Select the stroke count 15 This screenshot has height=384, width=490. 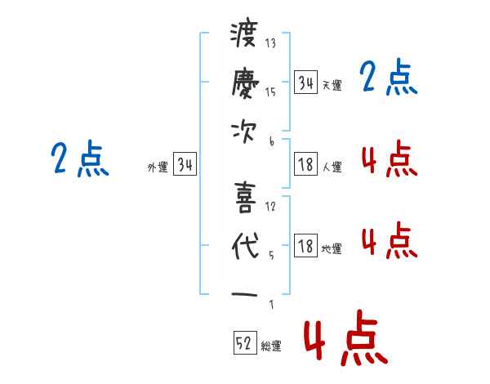pyautogui.click(x=270, y=92)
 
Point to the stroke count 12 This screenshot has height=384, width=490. pyautogui.click(x=270, y=206)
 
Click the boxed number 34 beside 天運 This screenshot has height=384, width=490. pyautogui.click(x=305, y=83)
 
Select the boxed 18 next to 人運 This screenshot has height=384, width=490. pyautogui.click(x=305, y=166)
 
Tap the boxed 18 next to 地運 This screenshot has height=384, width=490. pyautogui.click(x=305, y=248)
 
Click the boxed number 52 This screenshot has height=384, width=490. pyautogui.click(x=244, y=344)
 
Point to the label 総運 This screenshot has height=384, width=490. pyautogui.click(x=271, y=346)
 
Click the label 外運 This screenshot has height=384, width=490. pyautogui.click(x=157, y=167)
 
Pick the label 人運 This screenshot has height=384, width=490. pyautogui.click(x=332, y=167)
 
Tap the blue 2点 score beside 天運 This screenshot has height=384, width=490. pyautogui.click(x=388, y=78)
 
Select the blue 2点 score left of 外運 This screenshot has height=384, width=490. pyautogui.click(x=79, y=159)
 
